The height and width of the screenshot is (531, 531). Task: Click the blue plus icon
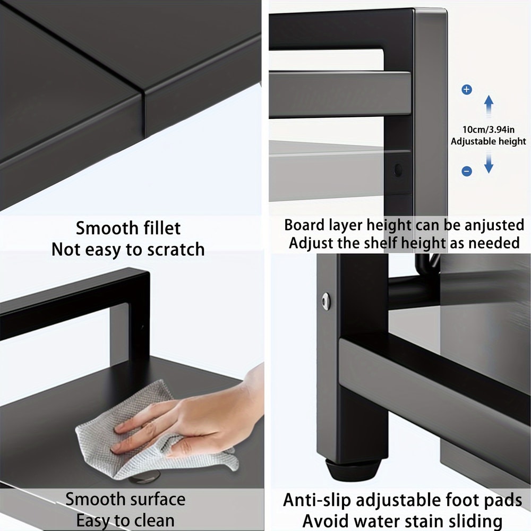467,90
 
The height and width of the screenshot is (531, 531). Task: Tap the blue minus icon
467,171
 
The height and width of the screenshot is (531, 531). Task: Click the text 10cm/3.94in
489,130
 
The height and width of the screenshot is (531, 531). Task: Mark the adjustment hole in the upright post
398,170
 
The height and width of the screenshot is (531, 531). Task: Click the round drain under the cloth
143,479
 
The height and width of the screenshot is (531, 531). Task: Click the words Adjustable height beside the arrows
488,141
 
